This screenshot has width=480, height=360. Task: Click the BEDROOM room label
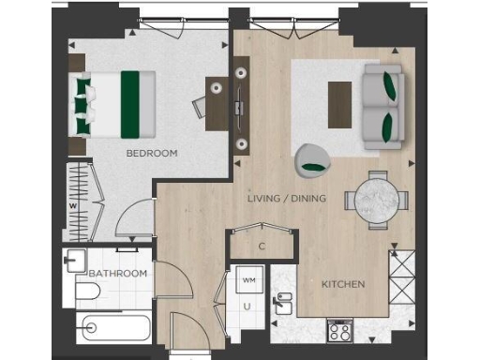pyautogui.click(x=152, y=153)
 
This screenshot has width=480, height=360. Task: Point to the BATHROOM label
pyautogui.click(x=118, y=273)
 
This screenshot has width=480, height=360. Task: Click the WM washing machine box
pyautogui.click(x=249, y=280)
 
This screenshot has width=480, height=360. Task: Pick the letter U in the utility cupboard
pyautogui.click(x=248, y=306)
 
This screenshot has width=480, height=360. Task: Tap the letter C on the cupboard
pyautogui.click(x=262, y=247)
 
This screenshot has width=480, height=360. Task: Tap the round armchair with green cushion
pyautogui.click(x=309, y=161)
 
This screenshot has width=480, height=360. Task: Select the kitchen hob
pyautogui.click(x=339, y=331)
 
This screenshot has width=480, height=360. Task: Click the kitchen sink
pyautogui.click(x=282, y=302)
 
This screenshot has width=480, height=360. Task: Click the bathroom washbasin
pyautogui.click(x=75, y=262)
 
